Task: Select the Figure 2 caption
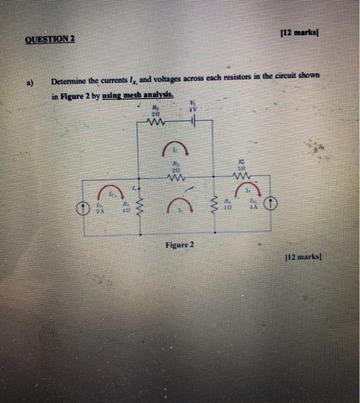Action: [180, 245]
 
